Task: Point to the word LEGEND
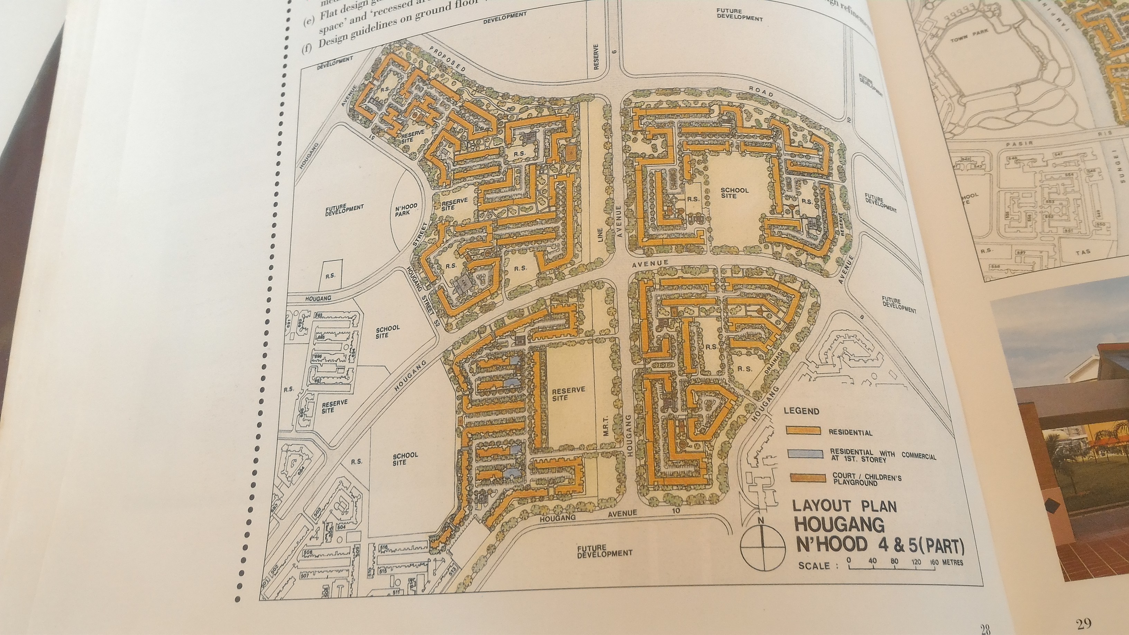801,411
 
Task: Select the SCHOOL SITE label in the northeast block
735,193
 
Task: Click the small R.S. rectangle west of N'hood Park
330,276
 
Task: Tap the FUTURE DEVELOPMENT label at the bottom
604,551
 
